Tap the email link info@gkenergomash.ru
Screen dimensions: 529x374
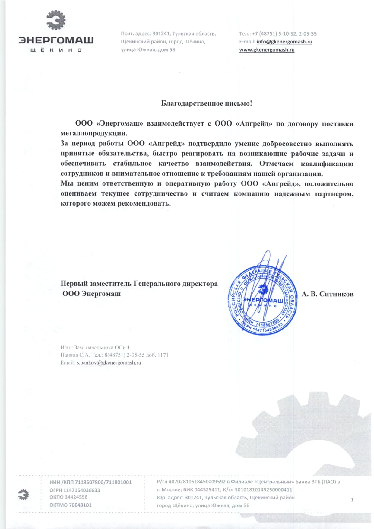point(284,42)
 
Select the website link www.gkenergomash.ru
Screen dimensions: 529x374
point(267,50)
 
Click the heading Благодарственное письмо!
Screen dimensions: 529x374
point(206,104)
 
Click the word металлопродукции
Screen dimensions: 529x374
point(94,133)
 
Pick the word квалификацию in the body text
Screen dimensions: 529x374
point(327,164)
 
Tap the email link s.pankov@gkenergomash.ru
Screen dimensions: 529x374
point(109,362)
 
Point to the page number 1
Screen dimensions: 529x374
point(352,500)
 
